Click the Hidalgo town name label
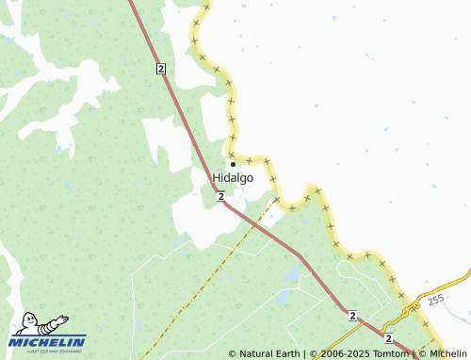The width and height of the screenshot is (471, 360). point(233,177)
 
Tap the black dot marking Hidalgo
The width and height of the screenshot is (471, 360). point(233,163)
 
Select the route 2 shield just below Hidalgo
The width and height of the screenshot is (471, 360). point(219,196)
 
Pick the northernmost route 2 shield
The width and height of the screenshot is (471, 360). point(161,69)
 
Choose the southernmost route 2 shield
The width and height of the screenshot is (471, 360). point(388,336)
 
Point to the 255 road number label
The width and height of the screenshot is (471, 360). point(434,300)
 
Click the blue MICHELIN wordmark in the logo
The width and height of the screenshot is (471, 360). point(47,341)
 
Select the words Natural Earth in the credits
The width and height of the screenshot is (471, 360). point(271,353)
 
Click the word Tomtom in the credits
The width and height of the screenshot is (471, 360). point(390,353)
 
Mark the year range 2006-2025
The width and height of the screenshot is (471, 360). point(345,353)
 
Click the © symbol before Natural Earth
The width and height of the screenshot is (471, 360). point(233,353)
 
